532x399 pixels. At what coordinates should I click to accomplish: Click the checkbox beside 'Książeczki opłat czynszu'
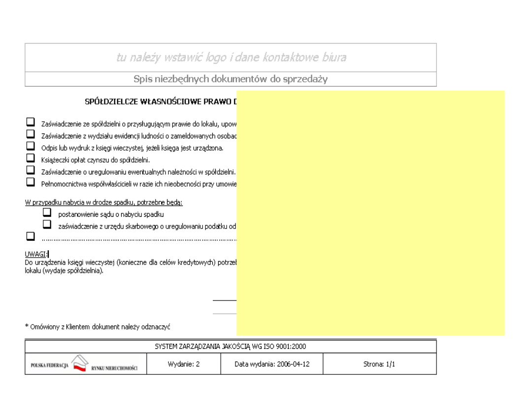pyautogui.click(x=31, y=158)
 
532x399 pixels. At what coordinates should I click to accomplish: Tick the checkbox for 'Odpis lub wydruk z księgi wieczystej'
pyautogui.click(x=31, y=146)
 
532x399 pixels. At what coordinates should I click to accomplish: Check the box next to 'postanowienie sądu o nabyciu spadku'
pyautogui.click(x=48, y=213)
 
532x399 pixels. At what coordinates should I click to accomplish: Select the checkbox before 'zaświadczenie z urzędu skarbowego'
pyautogui.click(x=48, y=224)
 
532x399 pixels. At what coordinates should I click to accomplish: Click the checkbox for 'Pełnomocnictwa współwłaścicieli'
pyautogui.click(x=31, y=182)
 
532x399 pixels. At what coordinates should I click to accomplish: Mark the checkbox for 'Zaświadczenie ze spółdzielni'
pyautogui.click(x=31, y=121)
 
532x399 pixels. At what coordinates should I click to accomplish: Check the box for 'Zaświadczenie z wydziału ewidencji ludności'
pyautogui.click(x=31, y=133)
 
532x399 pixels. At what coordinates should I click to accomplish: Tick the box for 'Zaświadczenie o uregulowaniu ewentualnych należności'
pyautogui.click(x=31, y=170)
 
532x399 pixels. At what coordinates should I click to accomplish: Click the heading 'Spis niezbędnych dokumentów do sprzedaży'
pyautogui.click(x=231, y=79)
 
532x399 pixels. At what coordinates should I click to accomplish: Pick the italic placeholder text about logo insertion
pyautogui.click(x=231, y=58)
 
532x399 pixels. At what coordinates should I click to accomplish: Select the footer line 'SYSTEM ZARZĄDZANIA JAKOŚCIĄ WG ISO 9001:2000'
pyautogui.click(x=231, y=346)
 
